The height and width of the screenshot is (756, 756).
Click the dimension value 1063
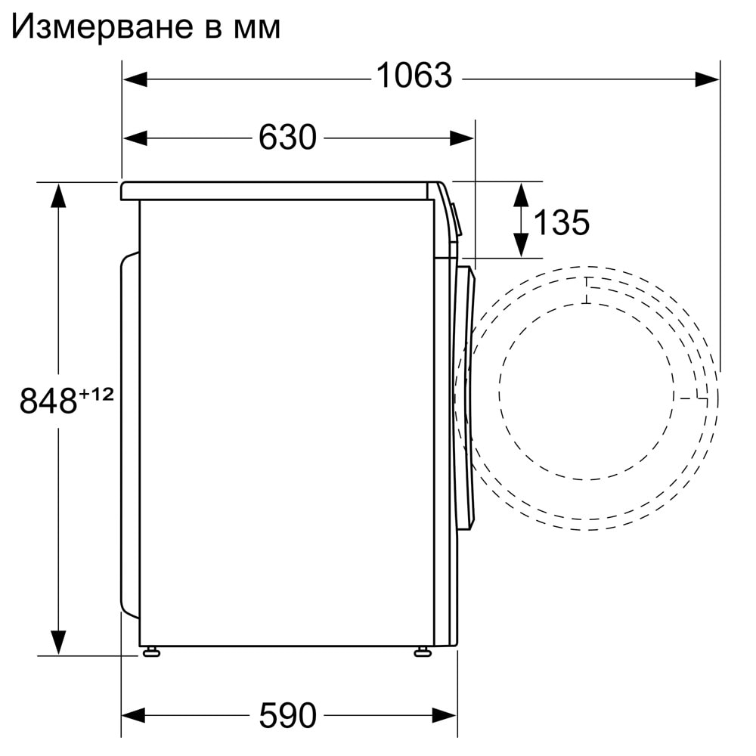point(414,76)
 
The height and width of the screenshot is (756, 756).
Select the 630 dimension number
point(287,138)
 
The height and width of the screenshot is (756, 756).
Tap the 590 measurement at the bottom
point(287,715)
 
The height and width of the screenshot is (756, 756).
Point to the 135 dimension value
point(562,223)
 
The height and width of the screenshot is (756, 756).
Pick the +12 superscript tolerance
point(97,395)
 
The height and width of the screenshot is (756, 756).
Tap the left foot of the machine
point(151,652)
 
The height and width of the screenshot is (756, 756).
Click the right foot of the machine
point(423,652)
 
